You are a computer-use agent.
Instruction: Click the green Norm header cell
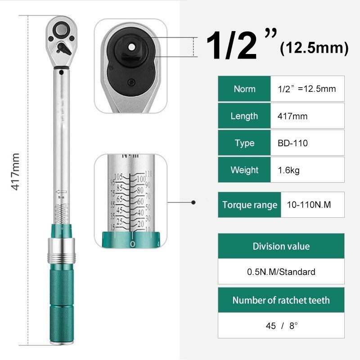(x=244, y=89)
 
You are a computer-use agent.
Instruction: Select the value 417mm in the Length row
(x=292, y=116)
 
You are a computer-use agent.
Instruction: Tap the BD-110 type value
(x=293, y=143)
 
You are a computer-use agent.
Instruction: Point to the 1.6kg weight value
(x=288, y=171)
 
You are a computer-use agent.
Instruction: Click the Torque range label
(x=250, y=205)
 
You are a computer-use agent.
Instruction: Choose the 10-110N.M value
(x=309, y=205)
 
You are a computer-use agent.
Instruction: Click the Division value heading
(x=281, y=246)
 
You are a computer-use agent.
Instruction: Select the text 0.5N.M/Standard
(x=281, y=272)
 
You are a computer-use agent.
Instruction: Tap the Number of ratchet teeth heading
(x=281, y=300)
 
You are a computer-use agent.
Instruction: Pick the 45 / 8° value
(x=282, y=326)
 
